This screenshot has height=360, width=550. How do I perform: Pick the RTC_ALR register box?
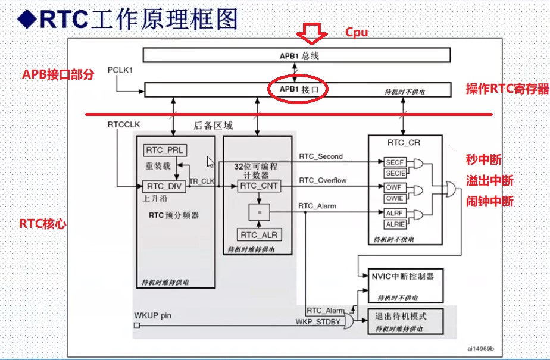tap(258, 234)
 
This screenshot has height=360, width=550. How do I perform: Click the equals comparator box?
tap(258, 211)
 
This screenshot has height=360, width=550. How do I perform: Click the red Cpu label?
tap(357, 32)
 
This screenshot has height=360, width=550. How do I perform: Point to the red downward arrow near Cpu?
tap(312, 34)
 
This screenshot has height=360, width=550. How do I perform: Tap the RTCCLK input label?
tap(124, 124)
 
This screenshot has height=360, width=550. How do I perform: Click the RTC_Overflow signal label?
tap(323, 180)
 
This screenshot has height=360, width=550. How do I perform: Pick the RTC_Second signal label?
tap(321, 156)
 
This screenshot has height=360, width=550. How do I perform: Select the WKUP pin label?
tap(152, 315)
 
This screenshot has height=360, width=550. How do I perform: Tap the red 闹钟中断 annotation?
tap(490, 201)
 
